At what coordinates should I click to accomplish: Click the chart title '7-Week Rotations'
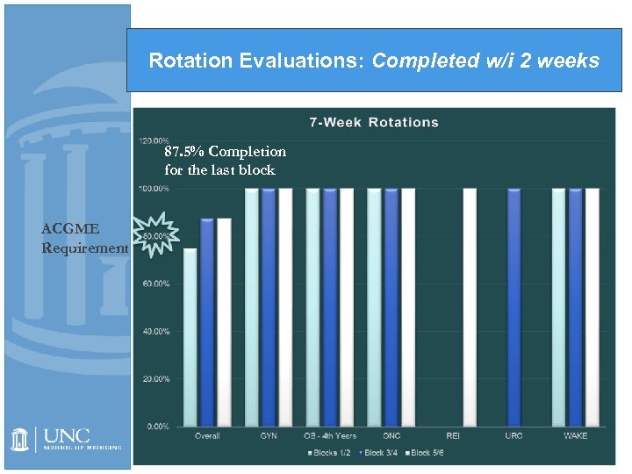[374, 122]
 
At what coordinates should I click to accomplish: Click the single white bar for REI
[470, 306]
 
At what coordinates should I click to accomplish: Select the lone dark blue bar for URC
[513, 306]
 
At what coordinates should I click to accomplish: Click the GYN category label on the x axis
[269, 436]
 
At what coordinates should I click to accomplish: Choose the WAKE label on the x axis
[576, 436]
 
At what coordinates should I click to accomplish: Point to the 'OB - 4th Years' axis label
[329, 436]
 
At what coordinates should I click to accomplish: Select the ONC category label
[391, 436]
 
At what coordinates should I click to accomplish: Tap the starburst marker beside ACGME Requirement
[158, 234]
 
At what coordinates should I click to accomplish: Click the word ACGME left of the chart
[70, 229]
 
